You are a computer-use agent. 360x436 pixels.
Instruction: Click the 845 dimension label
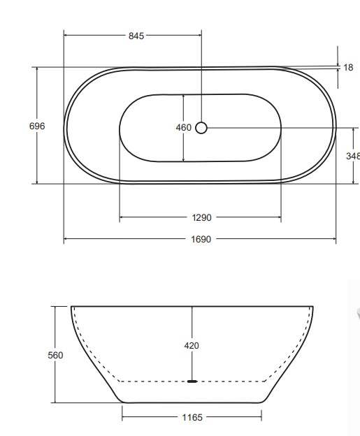pos(136,36)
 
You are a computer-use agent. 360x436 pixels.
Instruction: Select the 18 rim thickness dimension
pos(348,68)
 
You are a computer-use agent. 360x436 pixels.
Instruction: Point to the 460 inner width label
pos(183,128)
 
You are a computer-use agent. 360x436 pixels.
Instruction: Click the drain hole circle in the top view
pos(201,127)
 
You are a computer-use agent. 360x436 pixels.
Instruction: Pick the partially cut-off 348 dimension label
pos(352,157)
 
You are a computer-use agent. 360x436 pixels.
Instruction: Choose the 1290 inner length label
pos(201,218)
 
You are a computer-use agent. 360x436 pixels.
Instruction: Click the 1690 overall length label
pos(201,239)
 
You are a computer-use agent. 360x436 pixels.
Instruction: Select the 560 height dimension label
pos(55,355)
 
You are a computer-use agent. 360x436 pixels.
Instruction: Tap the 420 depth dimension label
pos(192,345)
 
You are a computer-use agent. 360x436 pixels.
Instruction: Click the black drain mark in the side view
pos(192,381)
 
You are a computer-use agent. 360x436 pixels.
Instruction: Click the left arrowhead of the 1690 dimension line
pos(66,239)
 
